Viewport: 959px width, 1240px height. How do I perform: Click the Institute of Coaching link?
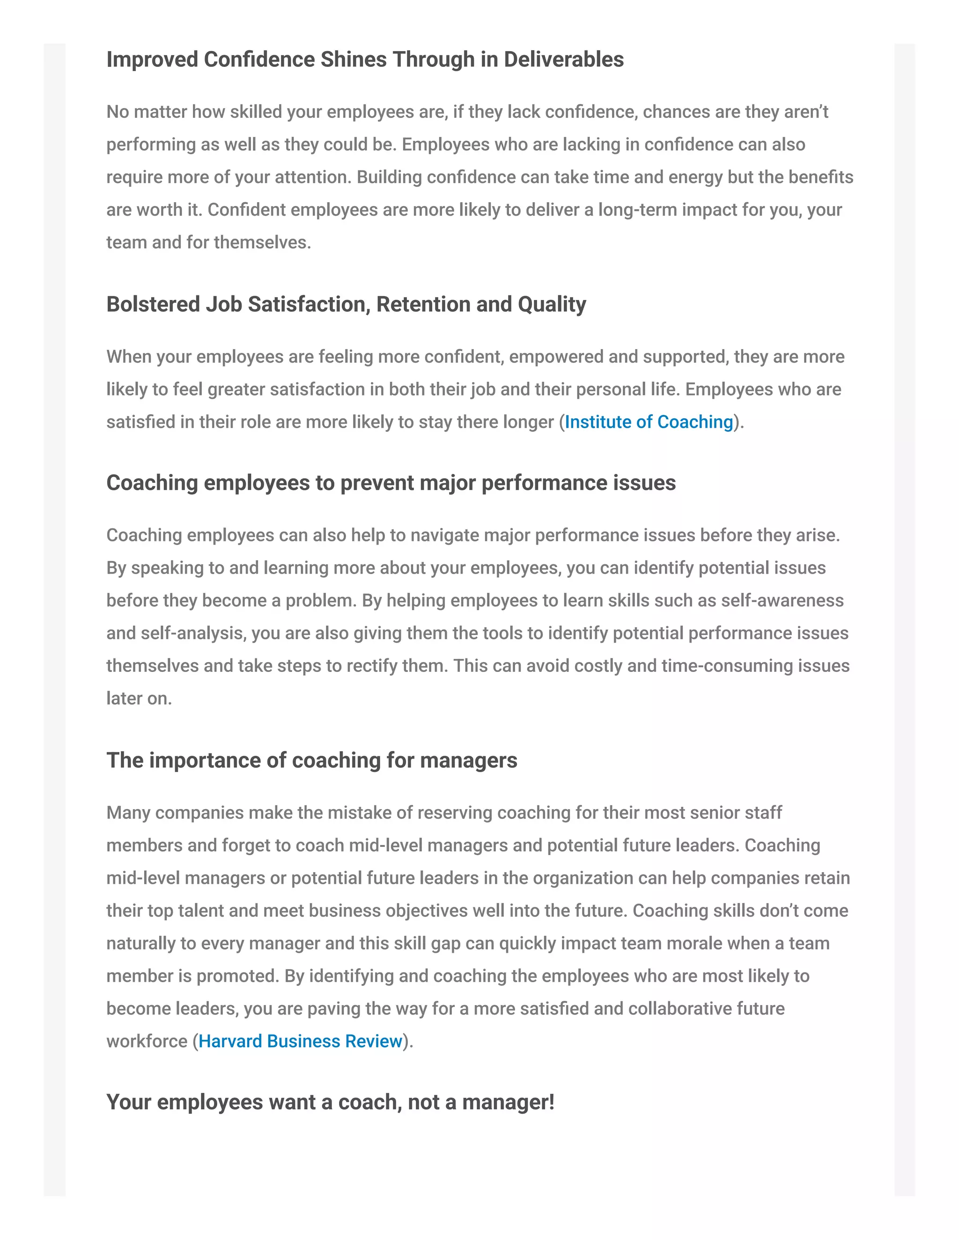[649, 422]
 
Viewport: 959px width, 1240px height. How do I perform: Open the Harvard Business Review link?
[300, 1041]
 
